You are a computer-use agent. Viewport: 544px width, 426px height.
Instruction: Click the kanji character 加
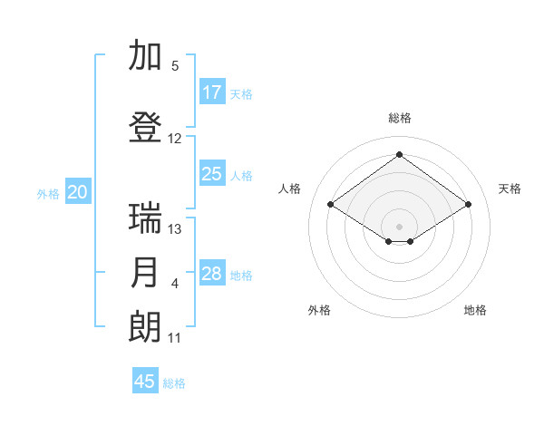click(146, 56)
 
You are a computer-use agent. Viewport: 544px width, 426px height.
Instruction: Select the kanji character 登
click(146, 128)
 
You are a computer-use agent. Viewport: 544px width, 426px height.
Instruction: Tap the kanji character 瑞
click(146, 218)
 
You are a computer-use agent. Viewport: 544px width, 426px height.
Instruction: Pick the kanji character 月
click(146, 273)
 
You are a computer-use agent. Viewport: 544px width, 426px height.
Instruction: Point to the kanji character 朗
click(146, 327)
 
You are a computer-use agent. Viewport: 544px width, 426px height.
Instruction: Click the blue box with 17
click(212, 92)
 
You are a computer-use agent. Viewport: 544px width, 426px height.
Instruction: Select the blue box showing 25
click(212, 174)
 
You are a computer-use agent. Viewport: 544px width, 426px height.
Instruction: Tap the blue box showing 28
click(212, 274)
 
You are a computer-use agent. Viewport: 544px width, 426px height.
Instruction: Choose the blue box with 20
click(78, 192)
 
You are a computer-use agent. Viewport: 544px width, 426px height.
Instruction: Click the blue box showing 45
click(145, 382)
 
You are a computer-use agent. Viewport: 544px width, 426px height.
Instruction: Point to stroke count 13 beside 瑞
click(175, 228)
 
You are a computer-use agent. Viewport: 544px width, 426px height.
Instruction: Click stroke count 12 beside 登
click(175, 139)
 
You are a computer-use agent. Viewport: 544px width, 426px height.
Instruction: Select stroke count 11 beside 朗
click(175, 338)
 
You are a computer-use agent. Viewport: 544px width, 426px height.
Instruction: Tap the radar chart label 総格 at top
click(399, 118)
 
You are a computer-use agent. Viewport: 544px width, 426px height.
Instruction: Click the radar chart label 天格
click(510, 189)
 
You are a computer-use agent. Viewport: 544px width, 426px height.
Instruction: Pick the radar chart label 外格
click(319, 310)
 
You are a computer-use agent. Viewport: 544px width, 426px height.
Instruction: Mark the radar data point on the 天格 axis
click(468, 204)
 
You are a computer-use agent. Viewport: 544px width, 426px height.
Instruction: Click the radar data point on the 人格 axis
click(331, 204)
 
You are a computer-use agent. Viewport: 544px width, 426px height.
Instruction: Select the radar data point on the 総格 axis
click(399, 154)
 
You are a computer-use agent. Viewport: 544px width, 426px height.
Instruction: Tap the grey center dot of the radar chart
click(399, 225)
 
